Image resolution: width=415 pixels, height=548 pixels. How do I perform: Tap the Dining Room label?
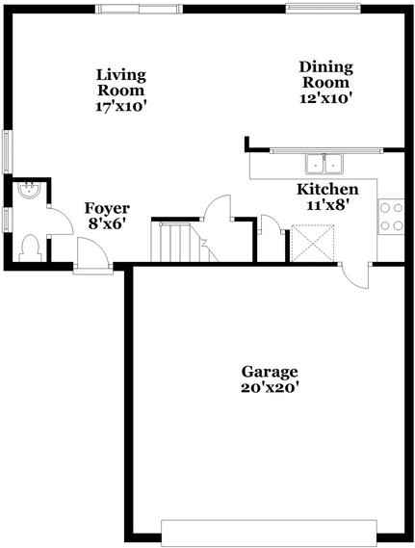[x=325, y=74]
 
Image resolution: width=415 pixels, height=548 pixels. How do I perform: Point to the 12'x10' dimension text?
[x=325, y=96]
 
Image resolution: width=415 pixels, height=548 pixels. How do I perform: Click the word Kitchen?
[x=327, y=190]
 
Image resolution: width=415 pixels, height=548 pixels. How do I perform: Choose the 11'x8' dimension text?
[x=327, y=205]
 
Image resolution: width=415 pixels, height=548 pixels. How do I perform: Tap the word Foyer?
[x=107, y=208]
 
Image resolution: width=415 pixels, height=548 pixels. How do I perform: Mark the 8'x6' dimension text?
[x=107, y=223]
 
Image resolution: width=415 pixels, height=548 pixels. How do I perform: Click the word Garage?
[x=270, y=372]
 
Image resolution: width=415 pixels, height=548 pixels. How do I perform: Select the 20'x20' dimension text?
[x=270, y=388]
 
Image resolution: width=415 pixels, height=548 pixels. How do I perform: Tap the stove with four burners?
[x=390, y=216]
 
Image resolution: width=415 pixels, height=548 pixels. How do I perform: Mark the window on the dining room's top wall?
[x=325, y=8]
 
